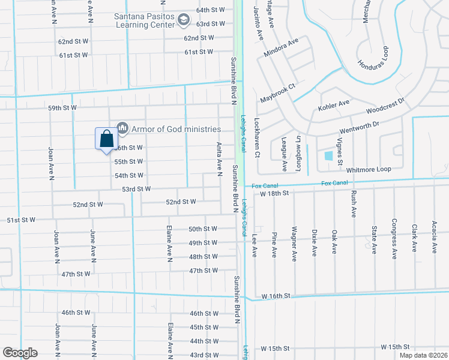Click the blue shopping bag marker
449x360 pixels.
(x=106, y=139)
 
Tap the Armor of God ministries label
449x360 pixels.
(x=176, y=129)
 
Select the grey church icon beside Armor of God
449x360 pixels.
(x=123, y=127)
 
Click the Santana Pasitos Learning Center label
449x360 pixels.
(x=144, y=20)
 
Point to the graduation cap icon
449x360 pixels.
(x=182, y=21)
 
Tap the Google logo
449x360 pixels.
(x=20, y=353)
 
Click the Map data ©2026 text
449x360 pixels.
(x=423, y=355)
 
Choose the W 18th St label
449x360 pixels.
(x=275, y=193)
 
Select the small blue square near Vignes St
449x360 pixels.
(x=328, y=156)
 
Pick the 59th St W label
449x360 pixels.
(x=63, y=108)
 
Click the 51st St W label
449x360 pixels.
(x=21, y=220)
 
